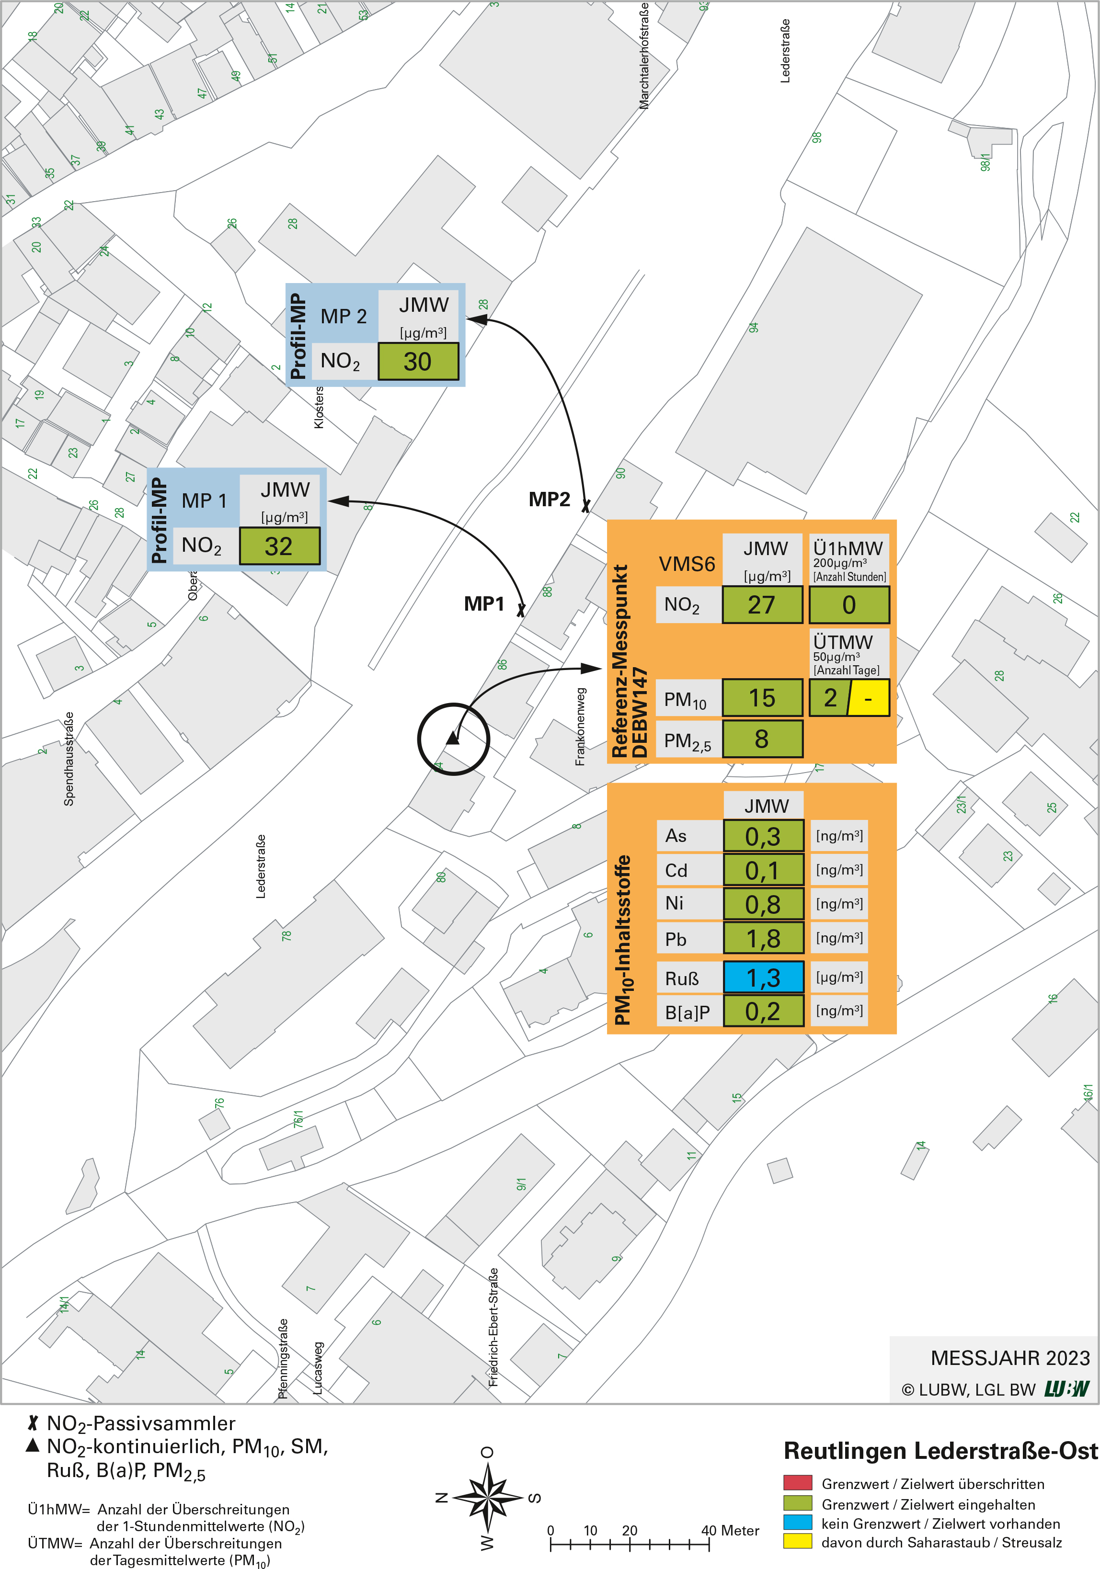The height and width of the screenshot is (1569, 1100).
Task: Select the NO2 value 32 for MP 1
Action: coord(279,546)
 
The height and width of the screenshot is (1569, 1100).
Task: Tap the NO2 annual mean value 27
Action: coord(762,605)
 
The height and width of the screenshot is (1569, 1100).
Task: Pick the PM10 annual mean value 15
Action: coord(762,698)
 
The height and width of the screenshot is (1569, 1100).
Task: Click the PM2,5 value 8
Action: coord(762,739)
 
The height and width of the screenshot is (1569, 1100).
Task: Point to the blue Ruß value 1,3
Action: coord(763,977)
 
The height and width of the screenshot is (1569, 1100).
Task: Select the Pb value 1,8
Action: coord(763,939)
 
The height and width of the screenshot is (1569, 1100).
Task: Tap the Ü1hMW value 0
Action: coord(849,605)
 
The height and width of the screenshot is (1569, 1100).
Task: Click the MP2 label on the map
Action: coord(549,500)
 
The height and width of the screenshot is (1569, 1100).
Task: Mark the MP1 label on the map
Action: coord(484,604)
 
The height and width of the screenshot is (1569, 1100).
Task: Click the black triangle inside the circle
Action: coord(453,739)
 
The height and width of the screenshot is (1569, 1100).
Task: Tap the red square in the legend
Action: coord(797,1483)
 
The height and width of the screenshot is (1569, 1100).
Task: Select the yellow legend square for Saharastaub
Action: coord(797,1542)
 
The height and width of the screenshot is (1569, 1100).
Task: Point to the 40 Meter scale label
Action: coord(730,1531)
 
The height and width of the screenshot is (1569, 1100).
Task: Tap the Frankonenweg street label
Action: coord(581,727)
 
